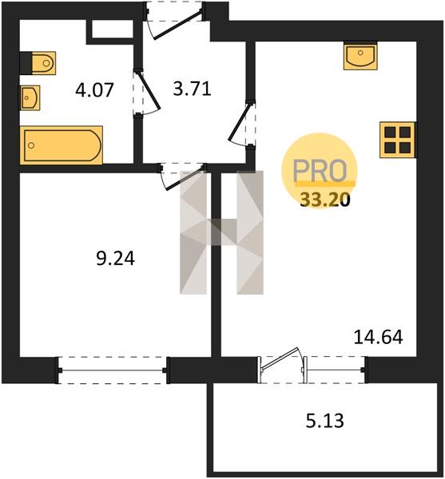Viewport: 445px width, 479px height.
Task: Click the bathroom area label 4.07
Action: coord(94,90)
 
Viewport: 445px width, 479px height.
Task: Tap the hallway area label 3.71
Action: coord(192,89)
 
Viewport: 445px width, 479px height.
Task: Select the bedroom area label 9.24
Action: coord(116,259)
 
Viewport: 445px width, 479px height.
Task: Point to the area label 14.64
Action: coord(378,337)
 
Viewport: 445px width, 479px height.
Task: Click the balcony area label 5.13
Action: coord(325,421)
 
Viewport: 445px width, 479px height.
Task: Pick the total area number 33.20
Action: coord(324,200)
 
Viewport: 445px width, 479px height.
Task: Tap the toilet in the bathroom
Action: coord(38,63)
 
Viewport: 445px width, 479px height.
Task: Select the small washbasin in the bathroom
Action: coord(30,97)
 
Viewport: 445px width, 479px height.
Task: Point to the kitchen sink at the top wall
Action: coord(360,56)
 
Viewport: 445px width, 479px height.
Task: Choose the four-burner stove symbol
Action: coord(397,140)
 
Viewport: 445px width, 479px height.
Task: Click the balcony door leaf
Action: coord(280,358)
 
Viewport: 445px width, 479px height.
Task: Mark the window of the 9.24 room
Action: coord(112,370)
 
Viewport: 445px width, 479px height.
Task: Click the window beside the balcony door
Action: coord(336,370)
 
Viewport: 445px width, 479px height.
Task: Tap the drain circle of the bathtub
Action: coord(31,145)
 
